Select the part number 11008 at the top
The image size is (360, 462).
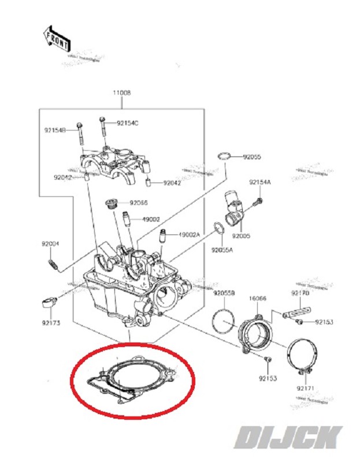tap(122, 92)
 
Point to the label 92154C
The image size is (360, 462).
tap(128, 123)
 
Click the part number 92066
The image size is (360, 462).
tap(139, 203)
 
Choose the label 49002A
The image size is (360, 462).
tap(189, 234)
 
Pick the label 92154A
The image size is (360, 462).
tap(260, 182)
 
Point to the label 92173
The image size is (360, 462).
tap(51, 323)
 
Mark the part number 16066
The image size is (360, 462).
tap(257, 299)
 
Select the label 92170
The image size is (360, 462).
tap(301, 294)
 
